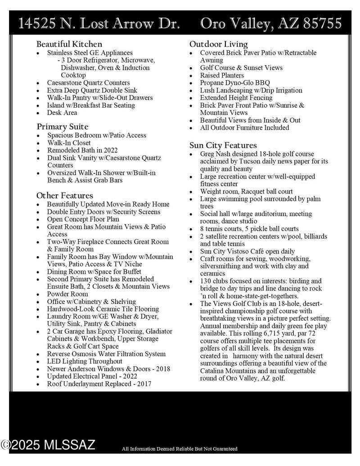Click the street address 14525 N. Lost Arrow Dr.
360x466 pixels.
[x=100, y=23]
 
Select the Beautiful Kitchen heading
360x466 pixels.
[x=69, y=44]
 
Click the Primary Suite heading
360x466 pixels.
[x=63, y=127]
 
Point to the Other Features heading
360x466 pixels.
[x=65, y=195]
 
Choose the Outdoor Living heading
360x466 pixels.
[x=219, y=44]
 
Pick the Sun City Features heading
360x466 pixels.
[x=223, y=145]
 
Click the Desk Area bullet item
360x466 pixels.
[x=62, y=113]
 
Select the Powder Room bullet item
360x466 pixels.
[x=67, y=294]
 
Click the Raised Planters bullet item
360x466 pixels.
[x=222, y=75]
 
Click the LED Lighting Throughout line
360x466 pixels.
[x=85, y=361]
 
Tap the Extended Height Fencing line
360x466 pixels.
[x=236, y=98]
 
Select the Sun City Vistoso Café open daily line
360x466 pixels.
[x=247, y=251]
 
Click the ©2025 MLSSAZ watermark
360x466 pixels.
[x=48, y=445]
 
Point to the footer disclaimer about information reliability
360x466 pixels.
[x=180, y=449]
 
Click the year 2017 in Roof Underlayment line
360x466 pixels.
[x=143, y=384]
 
